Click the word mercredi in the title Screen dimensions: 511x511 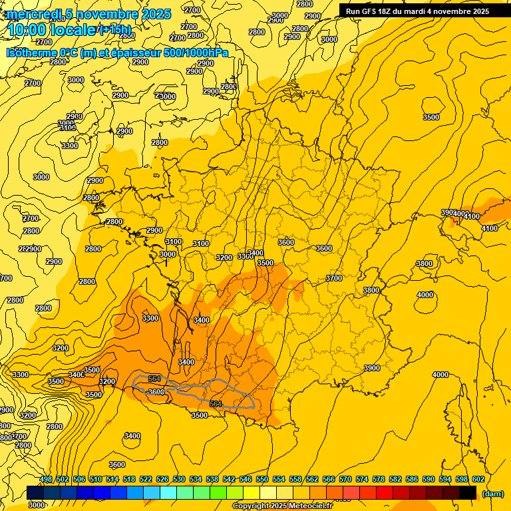coord(35,14)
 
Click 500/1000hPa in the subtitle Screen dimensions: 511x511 coord(200,53)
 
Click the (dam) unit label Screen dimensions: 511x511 coord(493,494)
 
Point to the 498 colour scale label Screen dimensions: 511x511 coord(46,479)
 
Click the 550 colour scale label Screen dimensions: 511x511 coord(261,479)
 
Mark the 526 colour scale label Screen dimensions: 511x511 coord(162,479)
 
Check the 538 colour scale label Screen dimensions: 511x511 coord(212,479)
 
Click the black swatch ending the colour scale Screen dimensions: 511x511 coord(468,493)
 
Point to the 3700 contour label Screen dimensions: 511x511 coord(334,278)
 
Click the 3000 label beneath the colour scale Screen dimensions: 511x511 coord(37,505)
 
